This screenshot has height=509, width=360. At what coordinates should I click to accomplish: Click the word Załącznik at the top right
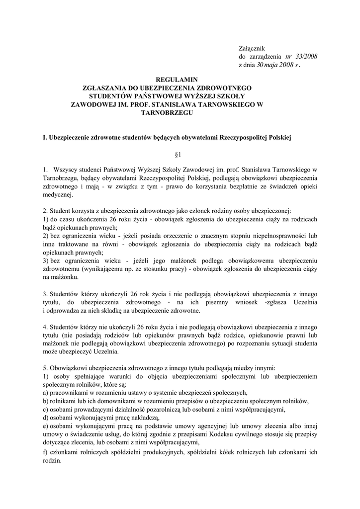[x=252, y=48]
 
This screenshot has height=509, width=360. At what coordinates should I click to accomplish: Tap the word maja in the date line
[x=274, y=65]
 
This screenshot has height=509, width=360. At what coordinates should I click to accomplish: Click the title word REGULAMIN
[x=177, y=79]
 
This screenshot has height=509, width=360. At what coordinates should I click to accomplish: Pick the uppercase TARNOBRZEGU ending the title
[x=167, y=113]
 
